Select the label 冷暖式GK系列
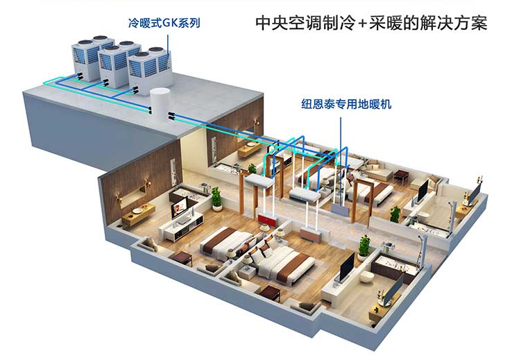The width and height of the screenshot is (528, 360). [164, 23]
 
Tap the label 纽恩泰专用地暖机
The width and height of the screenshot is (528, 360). [346, 105]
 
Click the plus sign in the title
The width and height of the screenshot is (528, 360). [362, 24]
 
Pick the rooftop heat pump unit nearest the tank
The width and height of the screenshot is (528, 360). [150, 70]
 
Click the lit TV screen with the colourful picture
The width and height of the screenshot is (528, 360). [180, 207]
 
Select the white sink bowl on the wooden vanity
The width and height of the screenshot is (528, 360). [137, 211]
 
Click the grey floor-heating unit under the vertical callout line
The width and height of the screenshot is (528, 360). [339, 209]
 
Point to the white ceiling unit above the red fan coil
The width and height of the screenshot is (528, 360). [259, 182]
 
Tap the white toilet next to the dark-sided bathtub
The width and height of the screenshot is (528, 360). [366, 277]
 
